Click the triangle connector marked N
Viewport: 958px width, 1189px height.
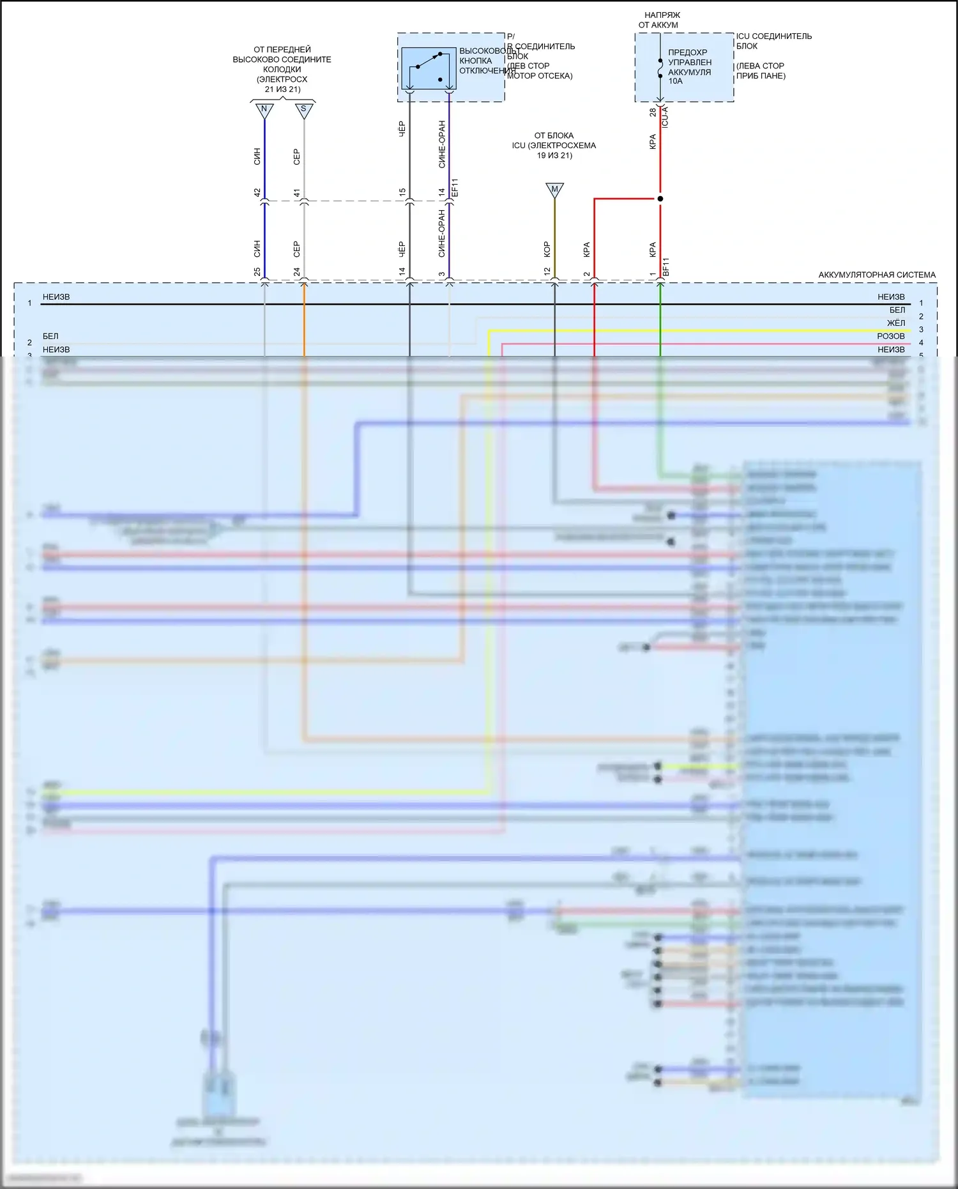264,110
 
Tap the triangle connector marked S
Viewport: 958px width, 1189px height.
304,110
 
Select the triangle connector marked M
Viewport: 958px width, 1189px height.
554,190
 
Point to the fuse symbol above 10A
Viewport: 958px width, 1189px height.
660,68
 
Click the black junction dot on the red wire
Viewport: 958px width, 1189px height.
660,199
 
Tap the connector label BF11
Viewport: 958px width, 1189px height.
666,267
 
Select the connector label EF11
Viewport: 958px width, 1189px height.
455,188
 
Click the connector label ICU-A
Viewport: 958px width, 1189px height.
665,117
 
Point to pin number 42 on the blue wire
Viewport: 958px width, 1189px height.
257,192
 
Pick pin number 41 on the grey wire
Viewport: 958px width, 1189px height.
297,192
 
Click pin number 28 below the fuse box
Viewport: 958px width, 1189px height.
653,112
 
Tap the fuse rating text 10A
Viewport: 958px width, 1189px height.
676,81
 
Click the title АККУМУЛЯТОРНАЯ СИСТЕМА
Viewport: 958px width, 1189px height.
877,275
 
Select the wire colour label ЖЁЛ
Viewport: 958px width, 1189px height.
896,323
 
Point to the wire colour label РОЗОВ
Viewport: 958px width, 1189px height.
891,336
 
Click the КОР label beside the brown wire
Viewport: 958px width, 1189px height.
547,249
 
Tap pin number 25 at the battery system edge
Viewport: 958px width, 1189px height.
257,272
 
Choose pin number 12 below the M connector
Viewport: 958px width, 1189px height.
547,272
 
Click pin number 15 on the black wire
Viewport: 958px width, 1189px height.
402,192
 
